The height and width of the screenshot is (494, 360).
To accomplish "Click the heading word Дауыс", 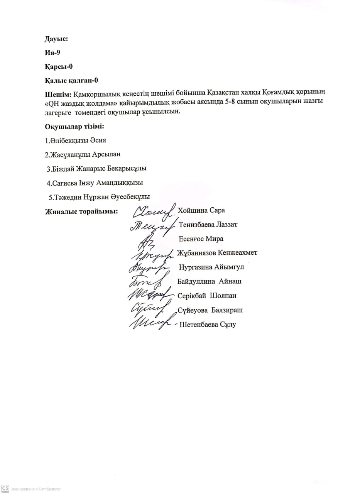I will pos(56,39).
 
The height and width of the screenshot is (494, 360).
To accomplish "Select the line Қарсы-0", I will pos(59,66).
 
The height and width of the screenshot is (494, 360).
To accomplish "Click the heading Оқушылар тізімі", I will pos(75,127).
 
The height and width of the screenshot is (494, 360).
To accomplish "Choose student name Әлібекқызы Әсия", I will pos(76,140).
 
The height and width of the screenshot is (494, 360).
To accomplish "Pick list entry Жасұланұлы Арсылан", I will pos(83,154).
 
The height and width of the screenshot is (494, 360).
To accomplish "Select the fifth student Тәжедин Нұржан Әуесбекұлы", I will pos(99,197).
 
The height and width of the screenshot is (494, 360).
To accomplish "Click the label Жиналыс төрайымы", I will pos(81,211).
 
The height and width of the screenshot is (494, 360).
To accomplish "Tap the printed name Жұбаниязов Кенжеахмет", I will pos(217,253).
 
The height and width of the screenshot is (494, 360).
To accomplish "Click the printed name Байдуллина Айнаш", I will pos(210,281).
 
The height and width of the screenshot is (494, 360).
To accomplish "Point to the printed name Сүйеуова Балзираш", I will pos(210,310).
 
